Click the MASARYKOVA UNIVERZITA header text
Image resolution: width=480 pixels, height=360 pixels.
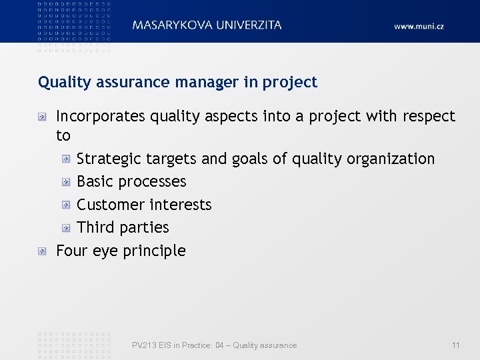207,25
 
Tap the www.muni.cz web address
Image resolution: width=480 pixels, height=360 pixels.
419,26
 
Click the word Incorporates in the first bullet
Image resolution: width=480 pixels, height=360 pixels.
100,116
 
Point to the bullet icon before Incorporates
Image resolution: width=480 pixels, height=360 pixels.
42,117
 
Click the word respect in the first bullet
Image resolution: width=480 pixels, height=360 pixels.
429,116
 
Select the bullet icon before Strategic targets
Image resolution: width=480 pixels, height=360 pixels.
66,159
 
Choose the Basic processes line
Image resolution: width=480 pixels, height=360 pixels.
131,181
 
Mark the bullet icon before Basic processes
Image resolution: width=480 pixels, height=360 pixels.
66,182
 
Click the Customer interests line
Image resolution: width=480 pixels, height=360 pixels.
144,205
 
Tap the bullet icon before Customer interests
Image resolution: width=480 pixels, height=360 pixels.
66,205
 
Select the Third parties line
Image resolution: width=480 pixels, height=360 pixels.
123,227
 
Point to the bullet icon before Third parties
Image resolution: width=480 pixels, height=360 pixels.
66,228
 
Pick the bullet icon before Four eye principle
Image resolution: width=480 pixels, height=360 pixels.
42,251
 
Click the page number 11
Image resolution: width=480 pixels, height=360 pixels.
455,345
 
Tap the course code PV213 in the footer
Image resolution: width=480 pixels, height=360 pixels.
143,345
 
